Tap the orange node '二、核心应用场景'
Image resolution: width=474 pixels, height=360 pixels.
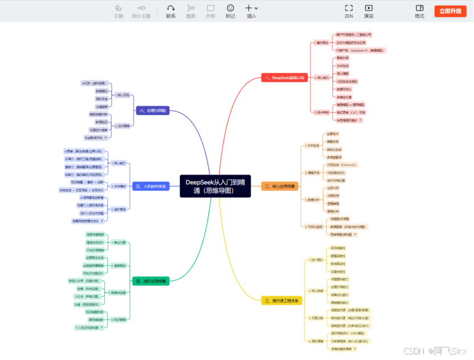[x=280, y=186]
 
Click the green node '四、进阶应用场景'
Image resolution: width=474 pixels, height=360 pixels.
[x=151, y=281]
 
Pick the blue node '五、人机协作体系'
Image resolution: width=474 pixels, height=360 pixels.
[x=151, y=186]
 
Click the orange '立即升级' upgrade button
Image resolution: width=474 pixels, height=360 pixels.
[x=450, y=11]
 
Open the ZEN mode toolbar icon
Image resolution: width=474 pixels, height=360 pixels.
[x=349, y=8]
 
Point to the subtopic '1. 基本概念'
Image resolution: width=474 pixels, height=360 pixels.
[x=322, y=42]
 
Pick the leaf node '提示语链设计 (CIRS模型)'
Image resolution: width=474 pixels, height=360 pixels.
[x=349, y=333]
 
